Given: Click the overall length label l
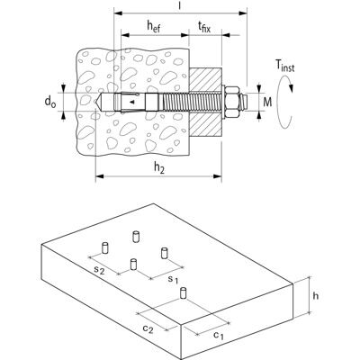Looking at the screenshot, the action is coord(180,6).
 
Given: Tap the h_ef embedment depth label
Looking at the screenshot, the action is coord(154,26).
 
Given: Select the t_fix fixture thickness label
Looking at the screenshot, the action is coord(204,28).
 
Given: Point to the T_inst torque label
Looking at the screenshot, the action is coord(284,66).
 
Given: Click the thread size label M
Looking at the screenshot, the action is coord(267,103).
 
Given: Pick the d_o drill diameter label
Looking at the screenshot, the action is coord(50,102).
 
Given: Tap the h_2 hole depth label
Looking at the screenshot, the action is coord(159,168).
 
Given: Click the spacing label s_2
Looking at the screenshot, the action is coord(99,270).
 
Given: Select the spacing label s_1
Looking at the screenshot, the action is coord(173,280).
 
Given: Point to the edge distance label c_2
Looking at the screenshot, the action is coord(148,329).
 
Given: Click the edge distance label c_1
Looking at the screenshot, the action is coord(219,336).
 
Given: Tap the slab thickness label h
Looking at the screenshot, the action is coord(316,296).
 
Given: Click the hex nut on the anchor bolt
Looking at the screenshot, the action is coord(233,102).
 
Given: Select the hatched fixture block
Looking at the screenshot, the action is coord(205,102).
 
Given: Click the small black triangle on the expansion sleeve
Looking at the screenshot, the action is coord(131,103).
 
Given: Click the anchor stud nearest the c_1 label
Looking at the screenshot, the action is coord(184,293).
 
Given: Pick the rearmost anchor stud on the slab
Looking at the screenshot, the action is coord(136,237).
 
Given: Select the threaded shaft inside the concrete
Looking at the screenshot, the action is coord(175,102).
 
